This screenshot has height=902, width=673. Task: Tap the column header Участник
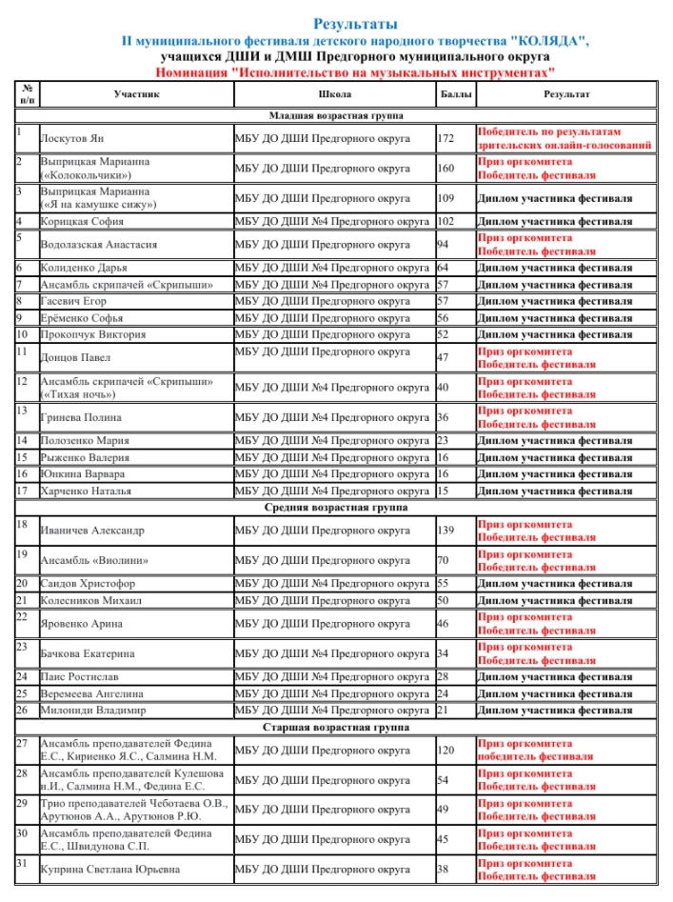[136, 94]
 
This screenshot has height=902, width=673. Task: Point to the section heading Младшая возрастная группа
[336, 116]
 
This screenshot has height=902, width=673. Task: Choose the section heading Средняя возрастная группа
[336, 508]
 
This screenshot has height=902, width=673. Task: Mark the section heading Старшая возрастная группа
[336, 727]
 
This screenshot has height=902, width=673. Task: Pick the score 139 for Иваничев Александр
[445, 531]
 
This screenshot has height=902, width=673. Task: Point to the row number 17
[21, 491]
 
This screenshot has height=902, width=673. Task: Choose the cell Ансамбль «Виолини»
[89, 561]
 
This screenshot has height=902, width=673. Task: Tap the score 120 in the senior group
[445, 750]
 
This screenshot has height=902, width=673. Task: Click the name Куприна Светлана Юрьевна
[109, 870]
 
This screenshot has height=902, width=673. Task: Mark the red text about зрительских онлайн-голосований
[564, 146]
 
